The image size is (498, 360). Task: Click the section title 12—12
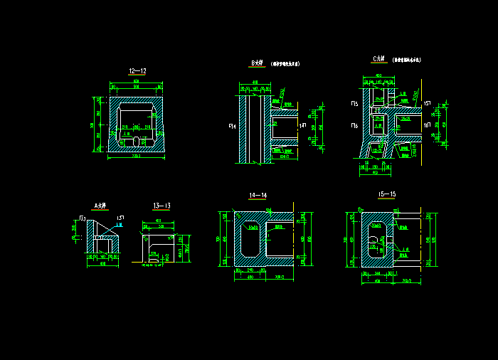(x=137, y=71)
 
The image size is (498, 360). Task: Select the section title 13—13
(x=161, y=206)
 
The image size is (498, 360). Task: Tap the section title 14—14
(x=258, y=195)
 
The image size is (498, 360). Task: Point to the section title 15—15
(x=387, y=194)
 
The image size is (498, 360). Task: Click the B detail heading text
(x=257, y=63)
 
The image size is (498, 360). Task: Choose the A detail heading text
(x=100, y=206)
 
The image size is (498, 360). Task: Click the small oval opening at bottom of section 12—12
(x=136, y=141)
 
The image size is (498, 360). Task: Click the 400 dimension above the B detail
(x=255, y=82)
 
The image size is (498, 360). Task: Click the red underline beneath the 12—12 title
(x=137, y=75)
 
